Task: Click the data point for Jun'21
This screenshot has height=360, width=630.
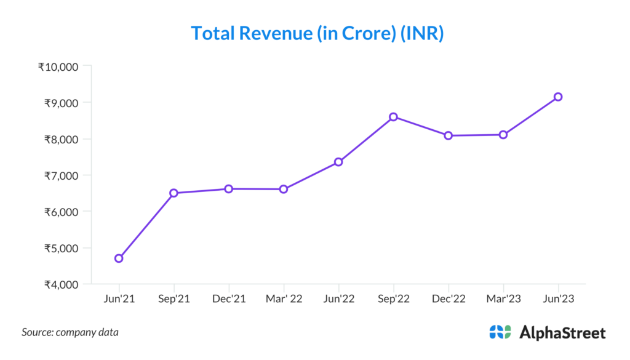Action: point(119,258)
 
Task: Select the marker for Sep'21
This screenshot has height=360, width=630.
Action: point(173,193)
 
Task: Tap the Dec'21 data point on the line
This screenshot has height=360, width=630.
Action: point(228,189)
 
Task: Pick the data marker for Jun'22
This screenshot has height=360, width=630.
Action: point(338,162)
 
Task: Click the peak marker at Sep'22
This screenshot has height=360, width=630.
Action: point(393,117)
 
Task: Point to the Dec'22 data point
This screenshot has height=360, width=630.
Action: point(449,135)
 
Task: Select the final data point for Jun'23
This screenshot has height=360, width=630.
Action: point(558,97)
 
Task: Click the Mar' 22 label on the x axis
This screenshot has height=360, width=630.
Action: point(283,298)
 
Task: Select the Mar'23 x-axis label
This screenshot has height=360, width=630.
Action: point(503,298)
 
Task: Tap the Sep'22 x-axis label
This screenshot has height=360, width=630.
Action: point(393,298)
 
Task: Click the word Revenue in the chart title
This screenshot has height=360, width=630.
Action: point(275,33)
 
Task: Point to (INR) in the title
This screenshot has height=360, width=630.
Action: point(422,33)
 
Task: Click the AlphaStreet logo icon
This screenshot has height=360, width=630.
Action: point(500,332)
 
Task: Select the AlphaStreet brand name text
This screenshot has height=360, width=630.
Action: point(562,333)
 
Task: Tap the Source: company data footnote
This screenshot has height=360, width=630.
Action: point(70,332)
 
